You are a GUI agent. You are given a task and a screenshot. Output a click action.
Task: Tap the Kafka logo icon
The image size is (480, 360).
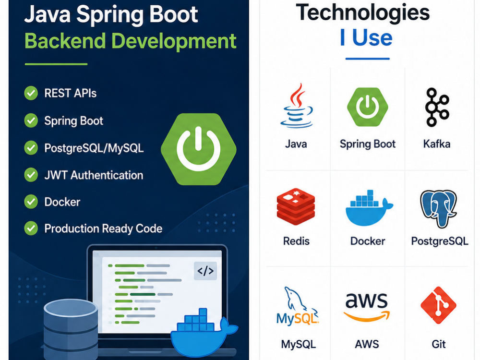pyautogui.click(x=437, y=107)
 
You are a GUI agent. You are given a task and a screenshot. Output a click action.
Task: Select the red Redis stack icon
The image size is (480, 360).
pyautogui.click(x=296, y=206)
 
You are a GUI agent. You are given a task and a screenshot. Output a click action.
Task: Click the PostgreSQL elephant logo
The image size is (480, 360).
pyautogui.click(x=438, y=209)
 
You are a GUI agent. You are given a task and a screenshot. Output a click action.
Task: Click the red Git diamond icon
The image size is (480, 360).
pyautogui.click(x=438, y=305)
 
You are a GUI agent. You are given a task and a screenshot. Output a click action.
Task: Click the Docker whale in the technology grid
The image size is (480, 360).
pyautogui.click(x=369, y=208)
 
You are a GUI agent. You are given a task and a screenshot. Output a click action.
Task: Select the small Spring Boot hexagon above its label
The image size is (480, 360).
pyautogui.click(x=367, y=107)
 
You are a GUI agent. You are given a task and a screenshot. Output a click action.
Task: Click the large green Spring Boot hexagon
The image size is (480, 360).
pyautogui.click(x=198, y=149)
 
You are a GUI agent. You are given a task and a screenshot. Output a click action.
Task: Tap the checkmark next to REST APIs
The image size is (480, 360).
pyautogui.click(x=31, y=93)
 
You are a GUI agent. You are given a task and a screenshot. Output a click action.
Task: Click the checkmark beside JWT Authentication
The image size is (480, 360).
pyautogui.click(x=31, y=175)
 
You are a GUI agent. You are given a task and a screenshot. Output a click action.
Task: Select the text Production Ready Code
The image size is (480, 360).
pyautogui.click(x=103, y=228)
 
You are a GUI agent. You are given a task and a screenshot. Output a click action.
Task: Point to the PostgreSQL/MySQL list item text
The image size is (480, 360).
pyautogui.click(x=94, y=148)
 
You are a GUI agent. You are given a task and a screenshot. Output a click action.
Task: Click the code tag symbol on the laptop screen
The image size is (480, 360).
pyautogui.click(x=205, y=271)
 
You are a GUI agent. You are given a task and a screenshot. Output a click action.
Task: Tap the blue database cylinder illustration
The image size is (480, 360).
pyautogui.click(x=71, y=329)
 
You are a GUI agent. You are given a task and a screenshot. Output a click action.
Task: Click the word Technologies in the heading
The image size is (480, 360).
pyautogui.click(x=363, y=13)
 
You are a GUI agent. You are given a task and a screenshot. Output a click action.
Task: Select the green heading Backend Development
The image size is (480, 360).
pyautogui.click(x=131, y=41)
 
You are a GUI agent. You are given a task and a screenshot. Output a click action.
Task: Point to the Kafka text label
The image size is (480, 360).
pyautogui.click(x=437, y=144)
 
